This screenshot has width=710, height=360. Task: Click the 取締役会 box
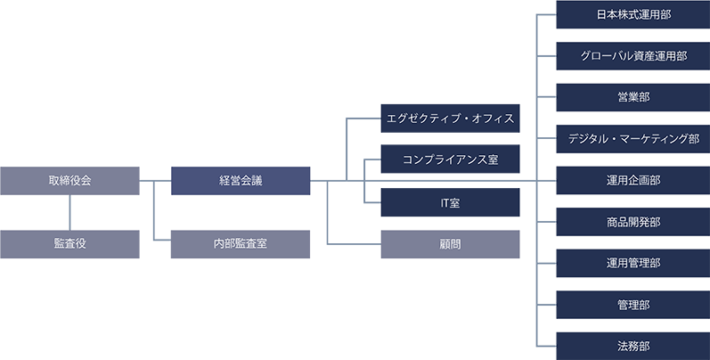pos(69,181)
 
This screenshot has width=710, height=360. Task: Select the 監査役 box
pos(69,243)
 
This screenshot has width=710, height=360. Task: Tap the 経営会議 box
pos(241,181)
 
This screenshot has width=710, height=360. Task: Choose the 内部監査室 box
pos(241,243)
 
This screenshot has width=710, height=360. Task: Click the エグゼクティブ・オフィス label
pos(450,119)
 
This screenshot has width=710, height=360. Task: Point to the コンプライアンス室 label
pos(450,160)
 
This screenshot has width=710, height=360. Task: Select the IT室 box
pos(450,203)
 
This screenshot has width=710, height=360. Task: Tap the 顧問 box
pos(450,243)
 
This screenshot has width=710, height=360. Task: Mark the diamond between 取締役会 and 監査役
pos(70,212)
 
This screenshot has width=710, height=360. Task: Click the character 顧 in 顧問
pos(444,243)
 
